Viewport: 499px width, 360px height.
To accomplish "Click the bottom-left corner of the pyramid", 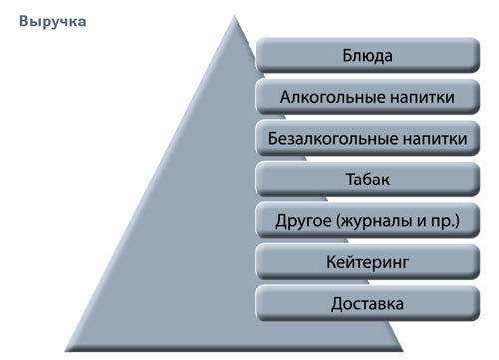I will (64, 339).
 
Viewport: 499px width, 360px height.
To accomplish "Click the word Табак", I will (367, 180).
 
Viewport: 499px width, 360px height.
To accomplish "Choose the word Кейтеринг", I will (367, 262).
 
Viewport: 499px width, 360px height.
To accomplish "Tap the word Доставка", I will (367, 303).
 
